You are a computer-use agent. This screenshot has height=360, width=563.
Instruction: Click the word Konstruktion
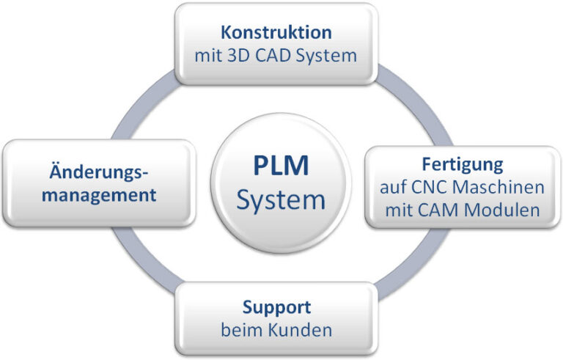coord(276,33)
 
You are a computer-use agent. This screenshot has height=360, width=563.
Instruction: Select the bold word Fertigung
coord(462,164)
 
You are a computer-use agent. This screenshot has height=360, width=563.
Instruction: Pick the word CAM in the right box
coord(442,210)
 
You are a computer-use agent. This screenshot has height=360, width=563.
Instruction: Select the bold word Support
coord(276,306)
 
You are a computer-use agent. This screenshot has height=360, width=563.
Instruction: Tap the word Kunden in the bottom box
coord(298,330)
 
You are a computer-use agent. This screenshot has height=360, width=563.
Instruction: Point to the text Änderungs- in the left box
coord(98,172)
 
